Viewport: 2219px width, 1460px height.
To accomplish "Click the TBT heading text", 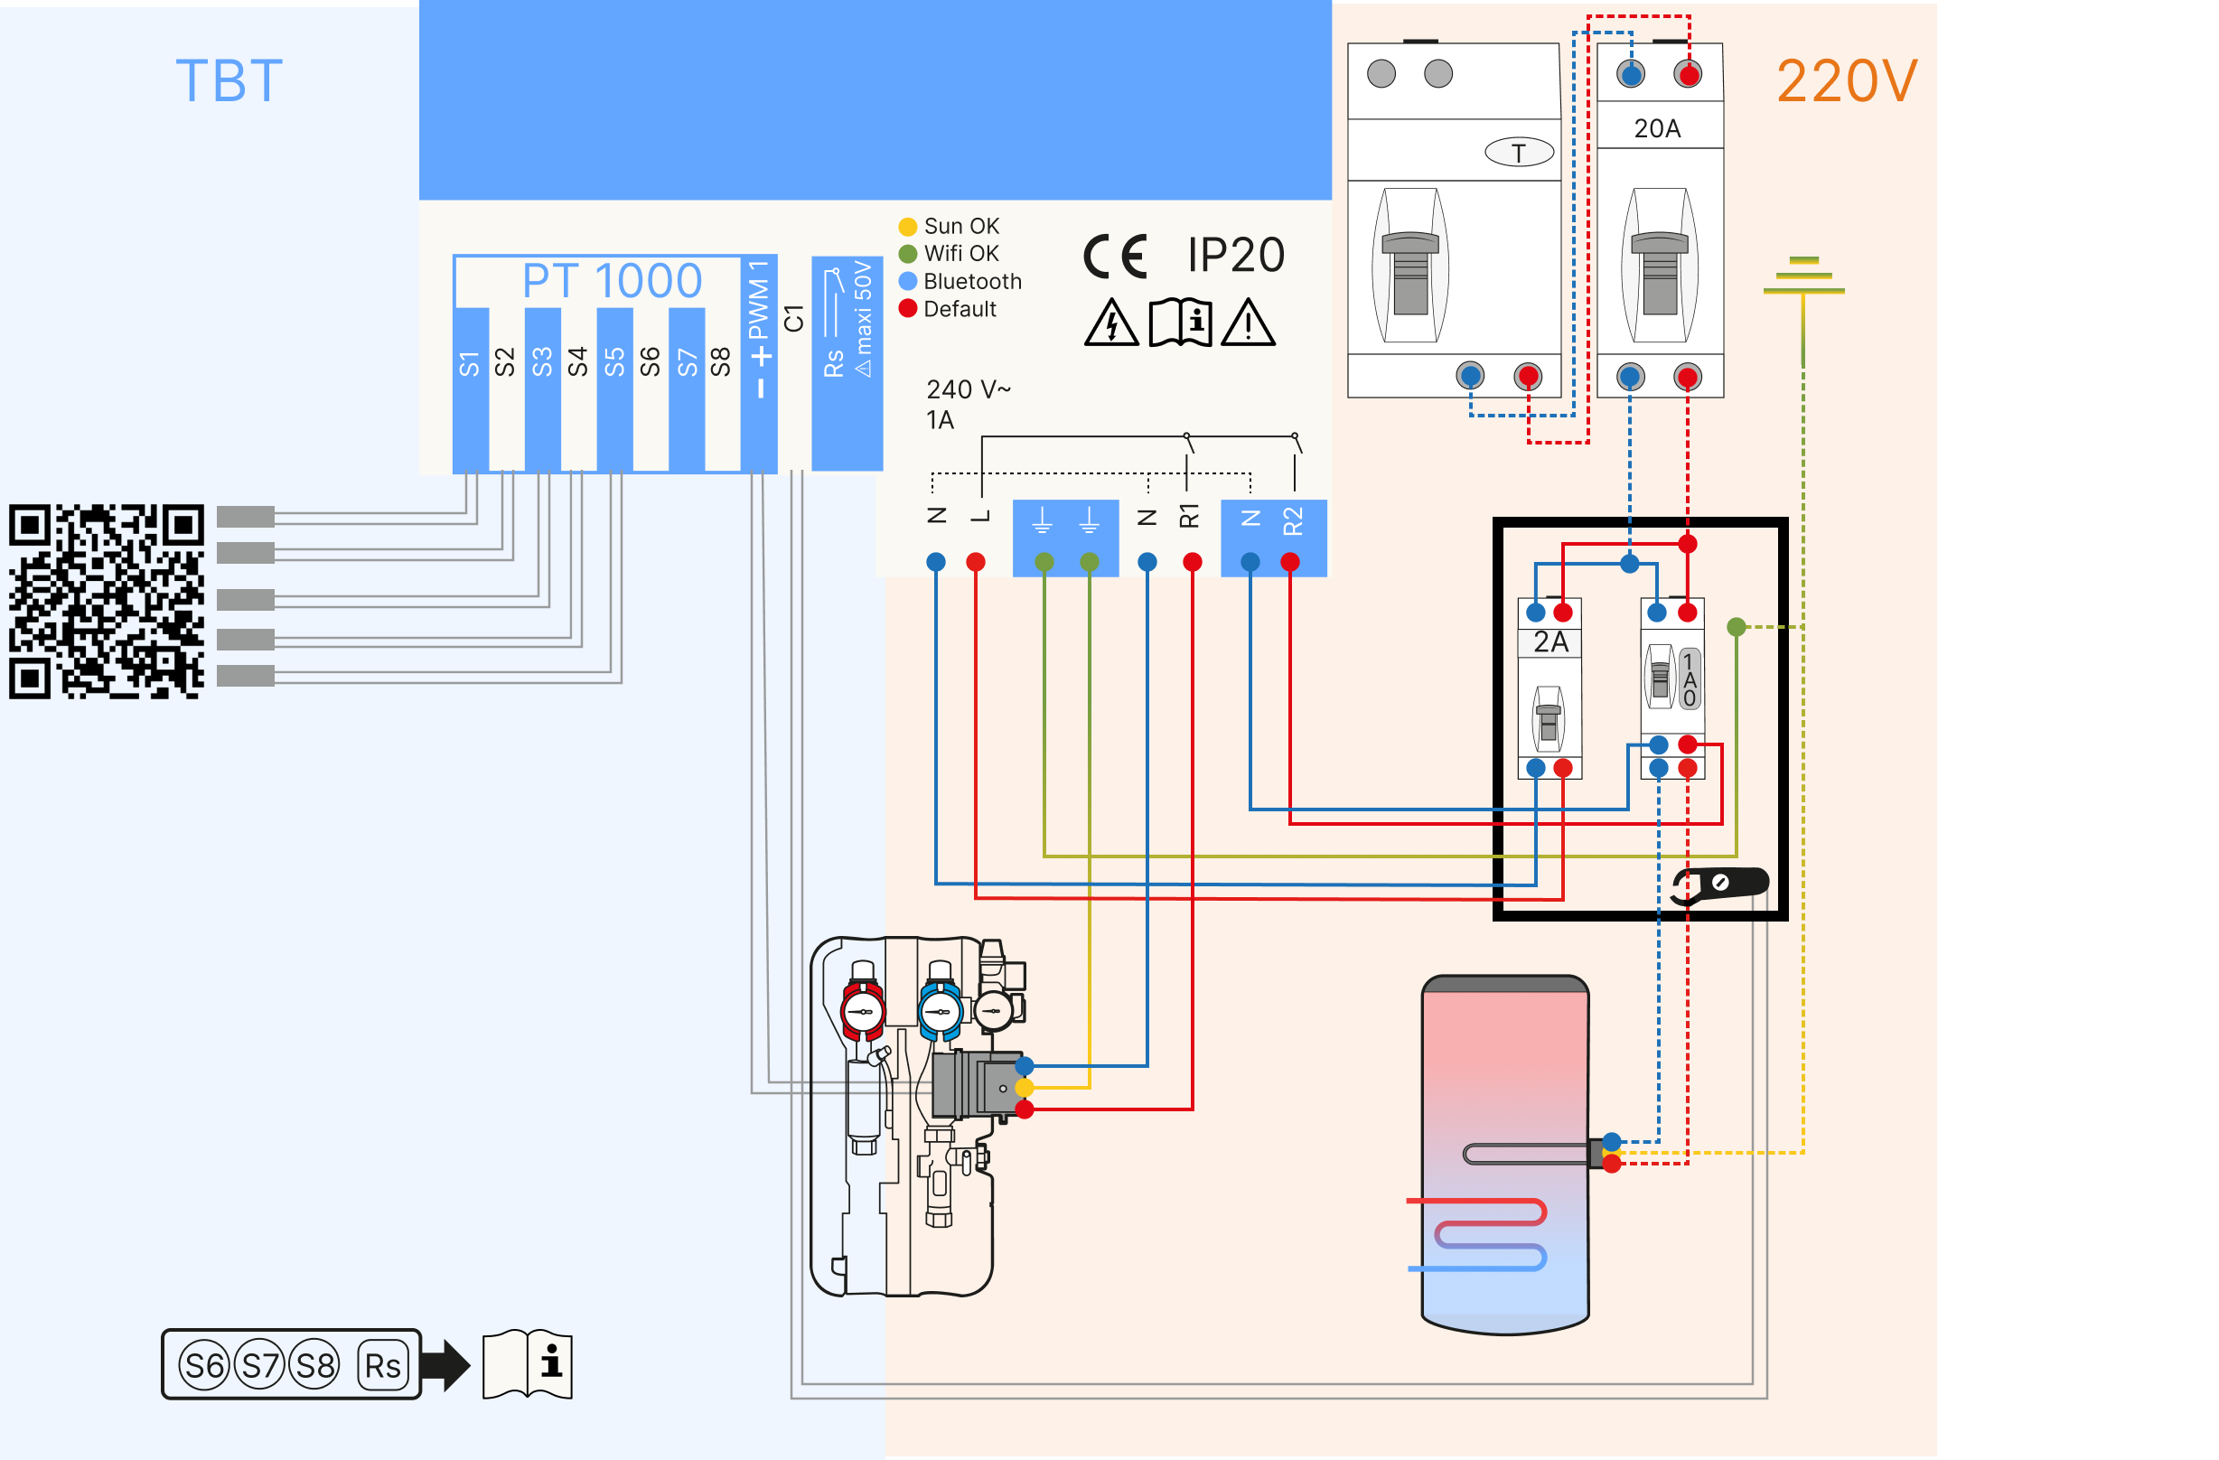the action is click(229, 81).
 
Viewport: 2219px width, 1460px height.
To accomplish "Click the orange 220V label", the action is click(1846, 81).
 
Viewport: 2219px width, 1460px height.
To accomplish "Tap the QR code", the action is click(107, 602).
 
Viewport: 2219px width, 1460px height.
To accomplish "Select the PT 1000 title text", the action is click(612, 281).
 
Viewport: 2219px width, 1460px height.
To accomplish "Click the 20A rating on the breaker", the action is click(1657, 128).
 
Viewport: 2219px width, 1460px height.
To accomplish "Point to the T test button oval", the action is click(1519, 152).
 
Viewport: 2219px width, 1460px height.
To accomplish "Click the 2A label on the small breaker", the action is click(1550, 641).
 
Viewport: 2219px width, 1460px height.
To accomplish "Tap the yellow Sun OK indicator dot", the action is click(907, 227).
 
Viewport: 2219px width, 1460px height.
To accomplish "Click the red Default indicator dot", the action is click(907, 308).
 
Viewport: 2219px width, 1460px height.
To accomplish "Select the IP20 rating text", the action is click(1235, 256).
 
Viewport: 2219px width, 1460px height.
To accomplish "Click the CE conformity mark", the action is click(1114, 257).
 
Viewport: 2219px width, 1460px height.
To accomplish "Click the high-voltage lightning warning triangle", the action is click(1111, 323).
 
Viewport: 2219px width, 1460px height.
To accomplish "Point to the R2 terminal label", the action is click(1292, 521).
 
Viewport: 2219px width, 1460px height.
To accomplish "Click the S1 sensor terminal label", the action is click(469, 363).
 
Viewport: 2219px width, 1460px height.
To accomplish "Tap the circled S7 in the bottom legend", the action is click(260, 1365).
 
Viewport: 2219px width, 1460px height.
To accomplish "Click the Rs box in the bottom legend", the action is click(382, 1365).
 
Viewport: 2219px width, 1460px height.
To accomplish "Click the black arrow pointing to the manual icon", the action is click(445, 1365).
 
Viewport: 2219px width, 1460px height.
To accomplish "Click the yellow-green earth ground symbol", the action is click(1803, 276).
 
